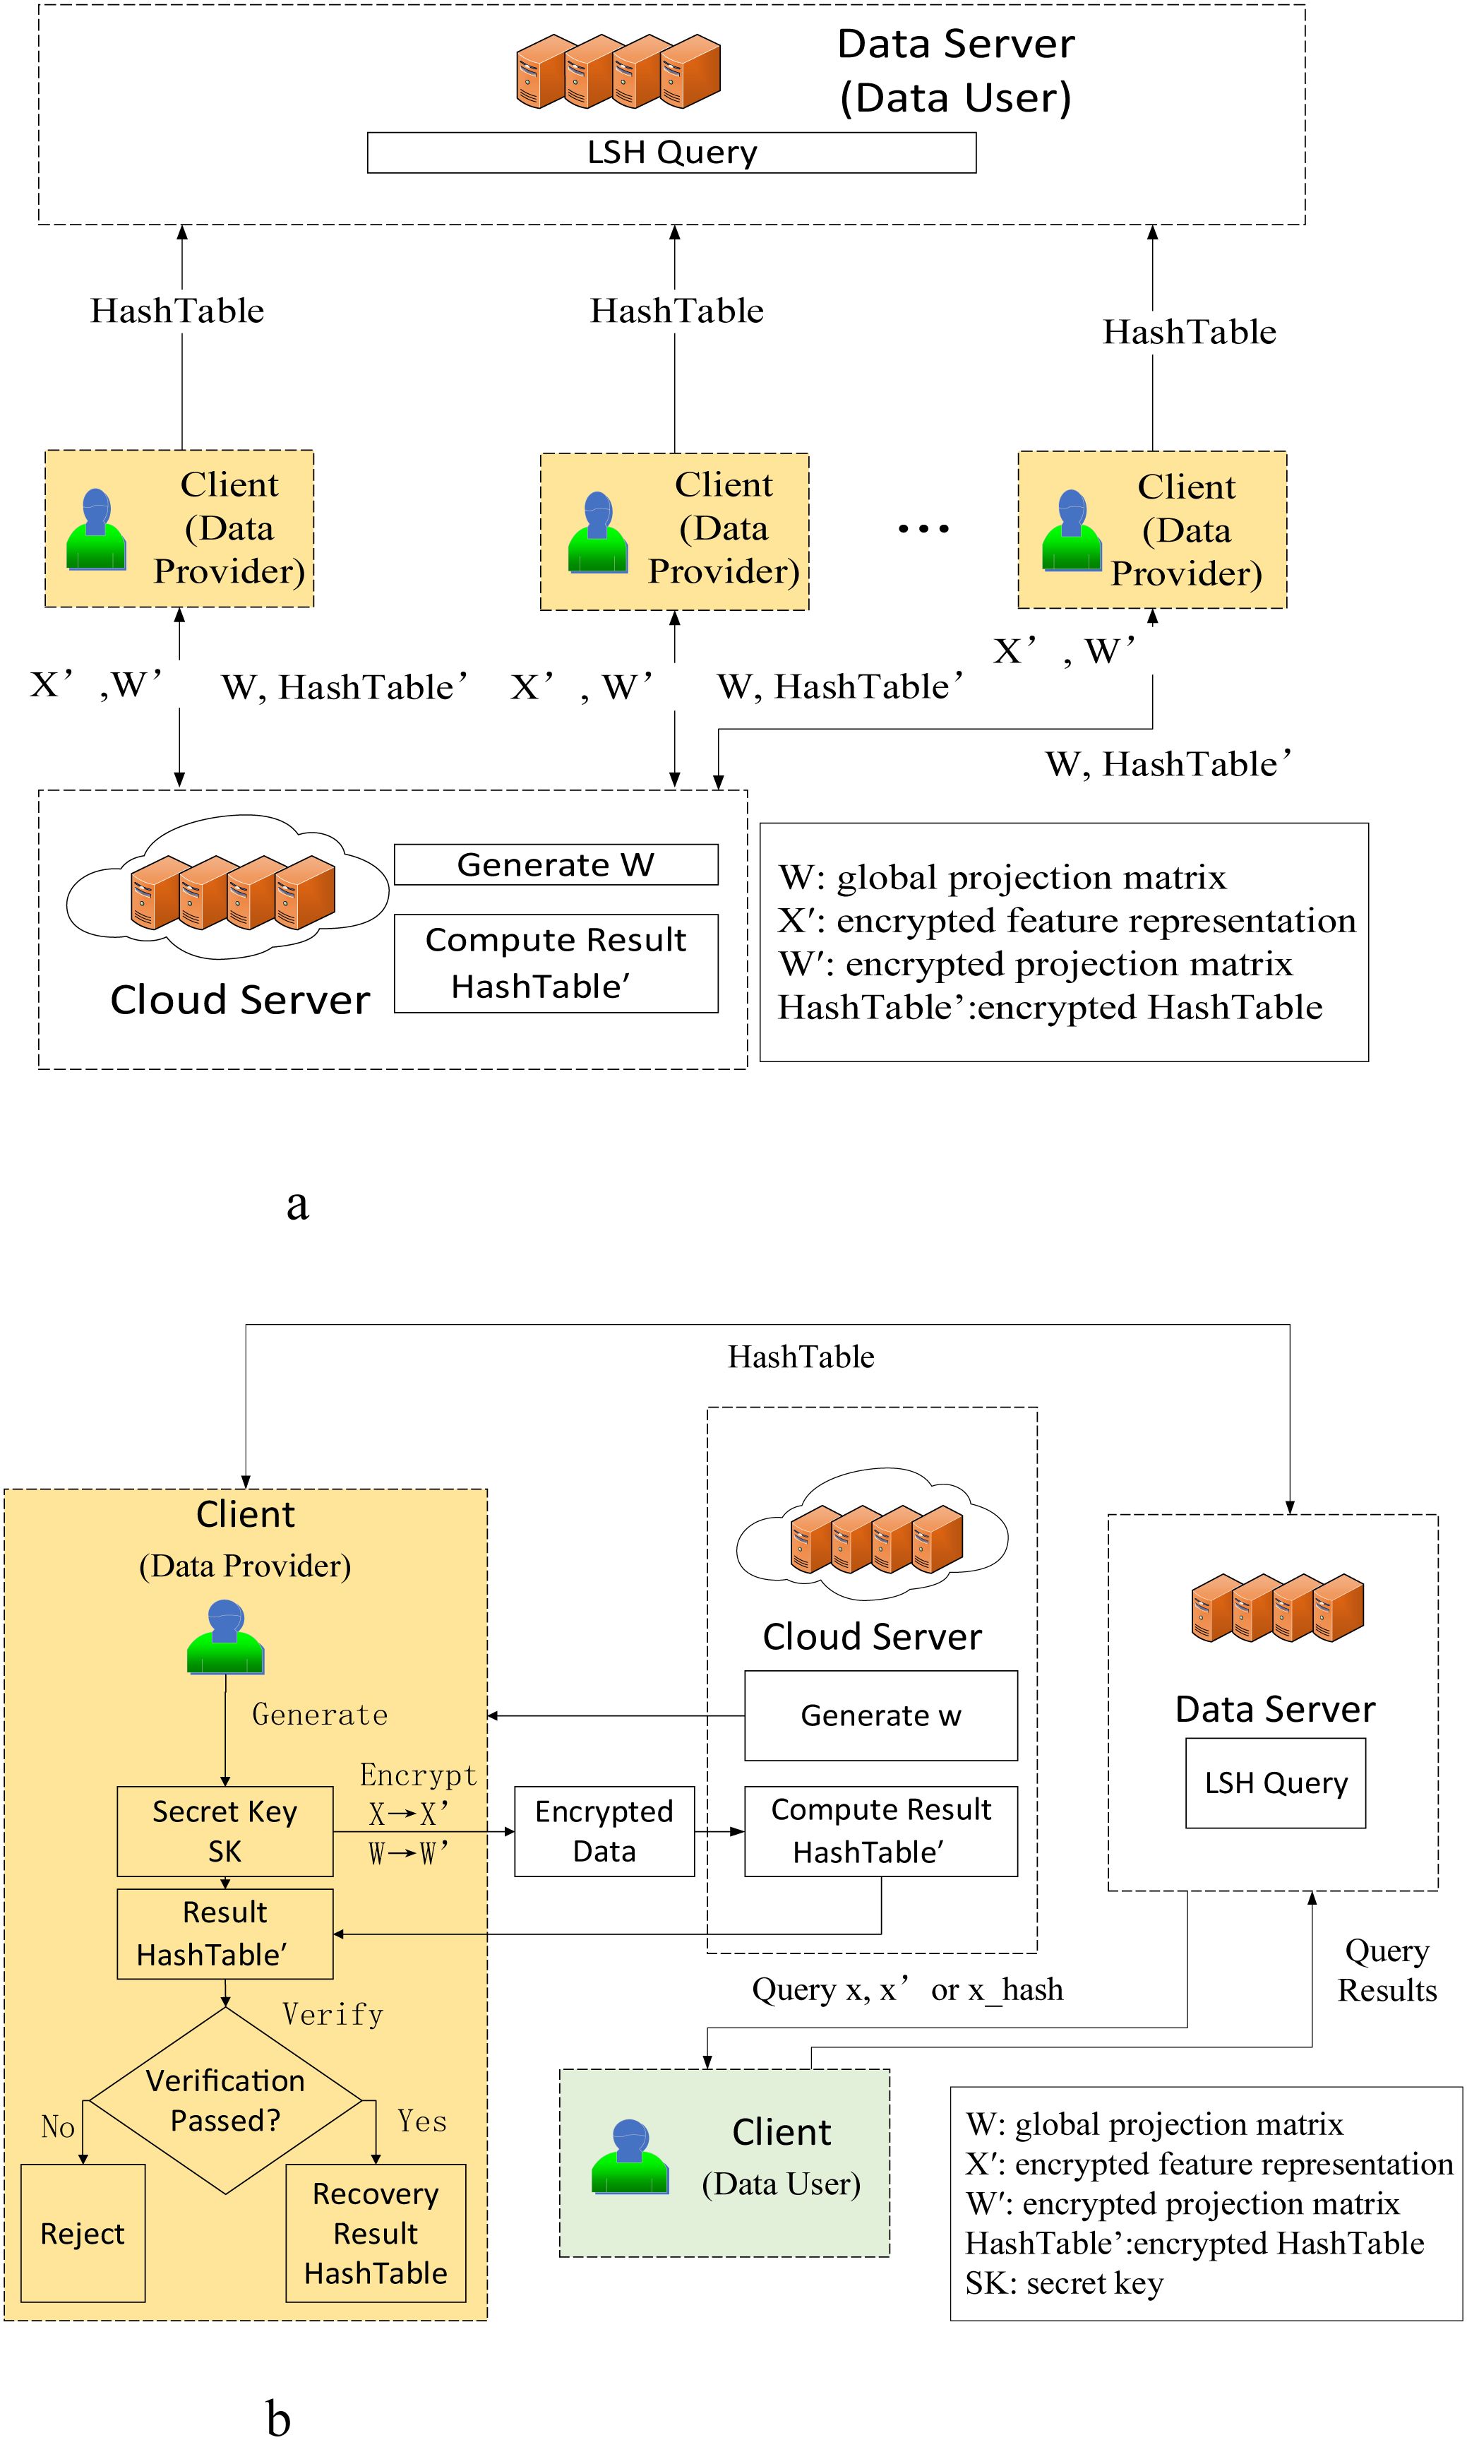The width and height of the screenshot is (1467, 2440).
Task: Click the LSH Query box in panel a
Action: (671, 153)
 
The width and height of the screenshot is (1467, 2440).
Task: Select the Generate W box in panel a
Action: (556, 864)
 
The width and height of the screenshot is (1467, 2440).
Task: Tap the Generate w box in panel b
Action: (880, 1715)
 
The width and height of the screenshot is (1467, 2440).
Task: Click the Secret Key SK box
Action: (224, 1831)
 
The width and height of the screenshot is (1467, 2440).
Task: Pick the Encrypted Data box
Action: (604, 1831)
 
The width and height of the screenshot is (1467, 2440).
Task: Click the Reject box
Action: (83, 2233)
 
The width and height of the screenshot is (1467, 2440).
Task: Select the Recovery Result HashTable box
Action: (376, 2233)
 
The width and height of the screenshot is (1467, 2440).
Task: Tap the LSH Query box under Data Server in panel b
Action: (1275, 1783)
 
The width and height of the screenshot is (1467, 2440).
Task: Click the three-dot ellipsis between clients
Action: (923, 530)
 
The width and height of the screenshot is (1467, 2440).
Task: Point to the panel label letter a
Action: (297, 1203)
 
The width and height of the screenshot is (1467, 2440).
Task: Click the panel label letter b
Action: (279, 2418)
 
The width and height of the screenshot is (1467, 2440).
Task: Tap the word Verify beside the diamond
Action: (332, 2015)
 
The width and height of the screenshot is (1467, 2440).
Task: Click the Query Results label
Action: (1387, 1970)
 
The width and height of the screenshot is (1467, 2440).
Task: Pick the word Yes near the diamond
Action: (422, 2121)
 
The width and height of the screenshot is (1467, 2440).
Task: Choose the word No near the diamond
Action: (57, 2126)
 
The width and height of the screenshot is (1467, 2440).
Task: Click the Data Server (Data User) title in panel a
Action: (955, 70)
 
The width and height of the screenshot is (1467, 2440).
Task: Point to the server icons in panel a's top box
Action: (618, 71)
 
